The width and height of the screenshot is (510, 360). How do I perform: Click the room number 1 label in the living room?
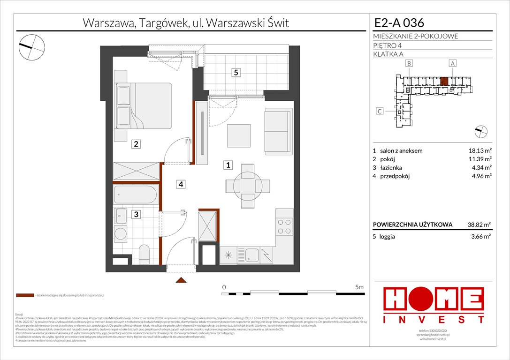(x=228, y=165)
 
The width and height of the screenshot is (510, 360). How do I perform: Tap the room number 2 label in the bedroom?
(x=136, y=144)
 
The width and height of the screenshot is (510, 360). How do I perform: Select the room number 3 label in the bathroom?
(x=136, y=215)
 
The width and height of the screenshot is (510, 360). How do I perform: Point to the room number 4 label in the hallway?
(x=181, y=184)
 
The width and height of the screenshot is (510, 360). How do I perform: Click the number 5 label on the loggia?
(x=236, y=73)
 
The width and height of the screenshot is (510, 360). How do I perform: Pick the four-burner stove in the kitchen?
(x=284, y=226)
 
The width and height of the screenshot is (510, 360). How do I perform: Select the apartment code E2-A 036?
(x=399, y=22)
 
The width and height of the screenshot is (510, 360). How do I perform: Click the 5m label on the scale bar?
(x=359, y=286)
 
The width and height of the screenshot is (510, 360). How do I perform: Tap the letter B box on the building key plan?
(x=409, y=63)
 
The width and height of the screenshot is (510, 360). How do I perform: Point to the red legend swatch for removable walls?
(x=24, y=296)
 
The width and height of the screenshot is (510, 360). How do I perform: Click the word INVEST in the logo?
(x=434, y=319)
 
